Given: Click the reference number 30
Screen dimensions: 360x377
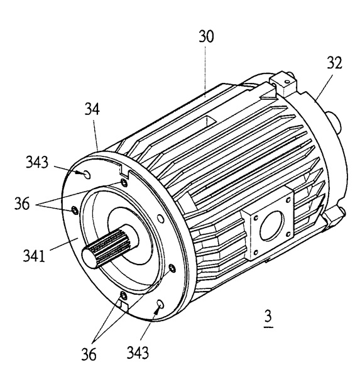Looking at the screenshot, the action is (206, 37).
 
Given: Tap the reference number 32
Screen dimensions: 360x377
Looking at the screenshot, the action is (334, 63).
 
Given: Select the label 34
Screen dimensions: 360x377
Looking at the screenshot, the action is (92, 109).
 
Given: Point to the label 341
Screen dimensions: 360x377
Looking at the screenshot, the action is (34, 256).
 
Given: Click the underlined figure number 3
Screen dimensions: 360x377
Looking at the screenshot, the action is (268, 317).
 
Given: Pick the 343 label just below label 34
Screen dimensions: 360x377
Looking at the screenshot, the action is (37, 162).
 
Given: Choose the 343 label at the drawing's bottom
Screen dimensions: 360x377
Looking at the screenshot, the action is (138, 352).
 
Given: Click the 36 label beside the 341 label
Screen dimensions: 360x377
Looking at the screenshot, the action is (22, 204).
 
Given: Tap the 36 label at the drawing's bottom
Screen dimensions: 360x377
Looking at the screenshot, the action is (89, 354).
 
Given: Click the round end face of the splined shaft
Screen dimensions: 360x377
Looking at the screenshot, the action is (89, 257).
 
